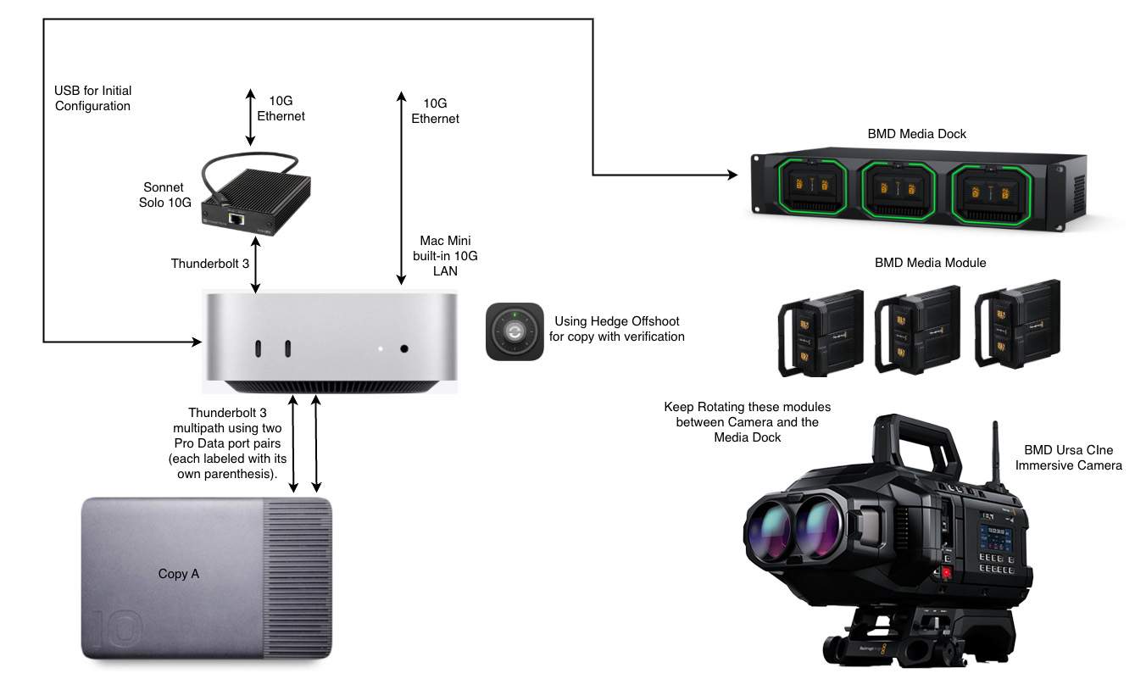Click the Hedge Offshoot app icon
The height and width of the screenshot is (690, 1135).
click(515, 331)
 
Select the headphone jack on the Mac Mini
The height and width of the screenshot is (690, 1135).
click(403, 348)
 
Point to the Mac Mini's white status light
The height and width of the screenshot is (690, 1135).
click(381, 348)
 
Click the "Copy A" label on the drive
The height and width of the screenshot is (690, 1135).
click(179, 574)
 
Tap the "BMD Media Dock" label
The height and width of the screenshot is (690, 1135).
click(917, 134)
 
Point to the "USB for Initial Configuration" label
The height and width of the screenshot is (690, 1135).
click(92, 98)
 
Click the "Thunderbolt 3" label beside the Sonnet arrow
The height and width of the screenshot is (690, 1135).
click(210, 264)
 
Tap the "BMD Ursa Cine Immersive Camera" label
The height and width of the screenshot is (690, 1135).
click(1072, 458)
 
